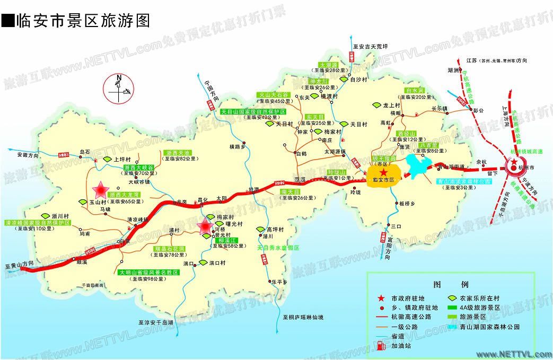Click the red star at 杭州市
pos(514,162)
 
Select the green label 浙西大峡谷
pos(138,168)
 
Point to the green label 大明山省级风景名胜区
pos(149,273)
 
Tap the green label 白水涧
pos(414,91)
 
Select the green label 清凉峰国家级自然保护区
pos(38,223)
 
